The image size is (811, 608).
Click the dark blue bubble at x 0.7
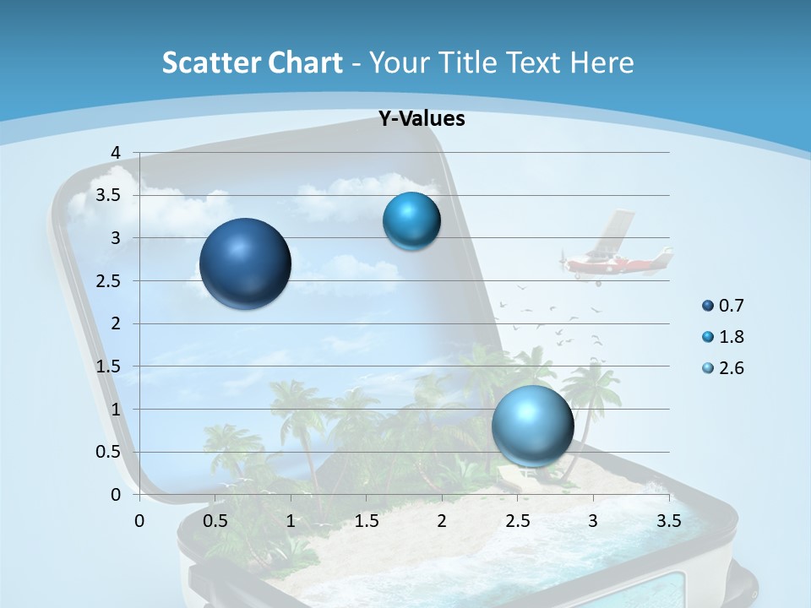tap(245, 263)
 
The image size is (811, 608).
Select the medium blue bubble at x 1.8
tap(411, 221)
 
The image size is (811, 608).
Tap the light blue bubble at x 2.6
tap(533, 426)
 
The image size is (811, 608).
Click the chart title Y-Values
tap(422, 119)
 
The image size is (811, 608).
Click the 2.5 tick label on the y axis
tap(109, 281)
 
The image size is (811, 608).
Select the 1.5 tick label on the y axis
tap(109, 366)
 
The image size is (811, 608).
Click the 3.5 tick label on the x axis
tap(668, 521)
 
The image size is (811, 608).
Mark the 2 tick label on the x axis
tap(442, 521)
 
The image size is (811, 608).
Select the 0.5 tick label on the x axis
tap(215, 521)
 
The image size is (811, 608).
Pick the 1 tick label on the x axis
tap(291, 521)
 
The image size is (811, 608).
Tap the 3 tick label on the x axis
tap(593, 521)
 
